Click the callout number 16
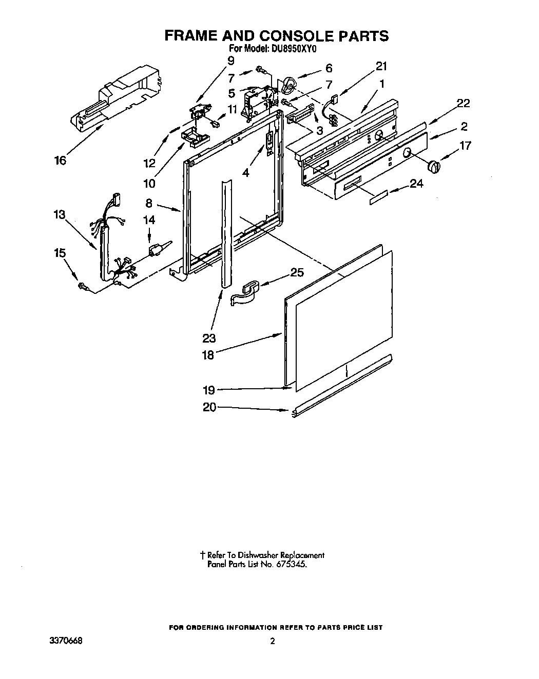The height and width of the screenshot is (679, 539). point(60,161)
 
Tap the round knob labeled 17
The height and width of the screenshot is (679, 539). point(434,166)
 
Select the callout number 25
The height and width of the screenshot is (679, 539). point(297,272)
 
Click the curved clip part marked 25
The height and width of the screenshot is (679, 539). point(245,295)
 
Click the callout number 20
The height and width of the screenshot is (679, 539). point(210,407)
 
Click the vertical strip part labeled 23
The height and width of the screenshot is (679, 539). point(226,231)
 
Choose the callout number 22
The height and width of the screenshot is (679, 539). point(463,103)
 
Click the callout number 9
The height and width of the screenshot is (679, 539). point(230,60)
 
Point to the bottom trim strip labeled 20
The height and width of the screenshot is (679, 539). point(341,385)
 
